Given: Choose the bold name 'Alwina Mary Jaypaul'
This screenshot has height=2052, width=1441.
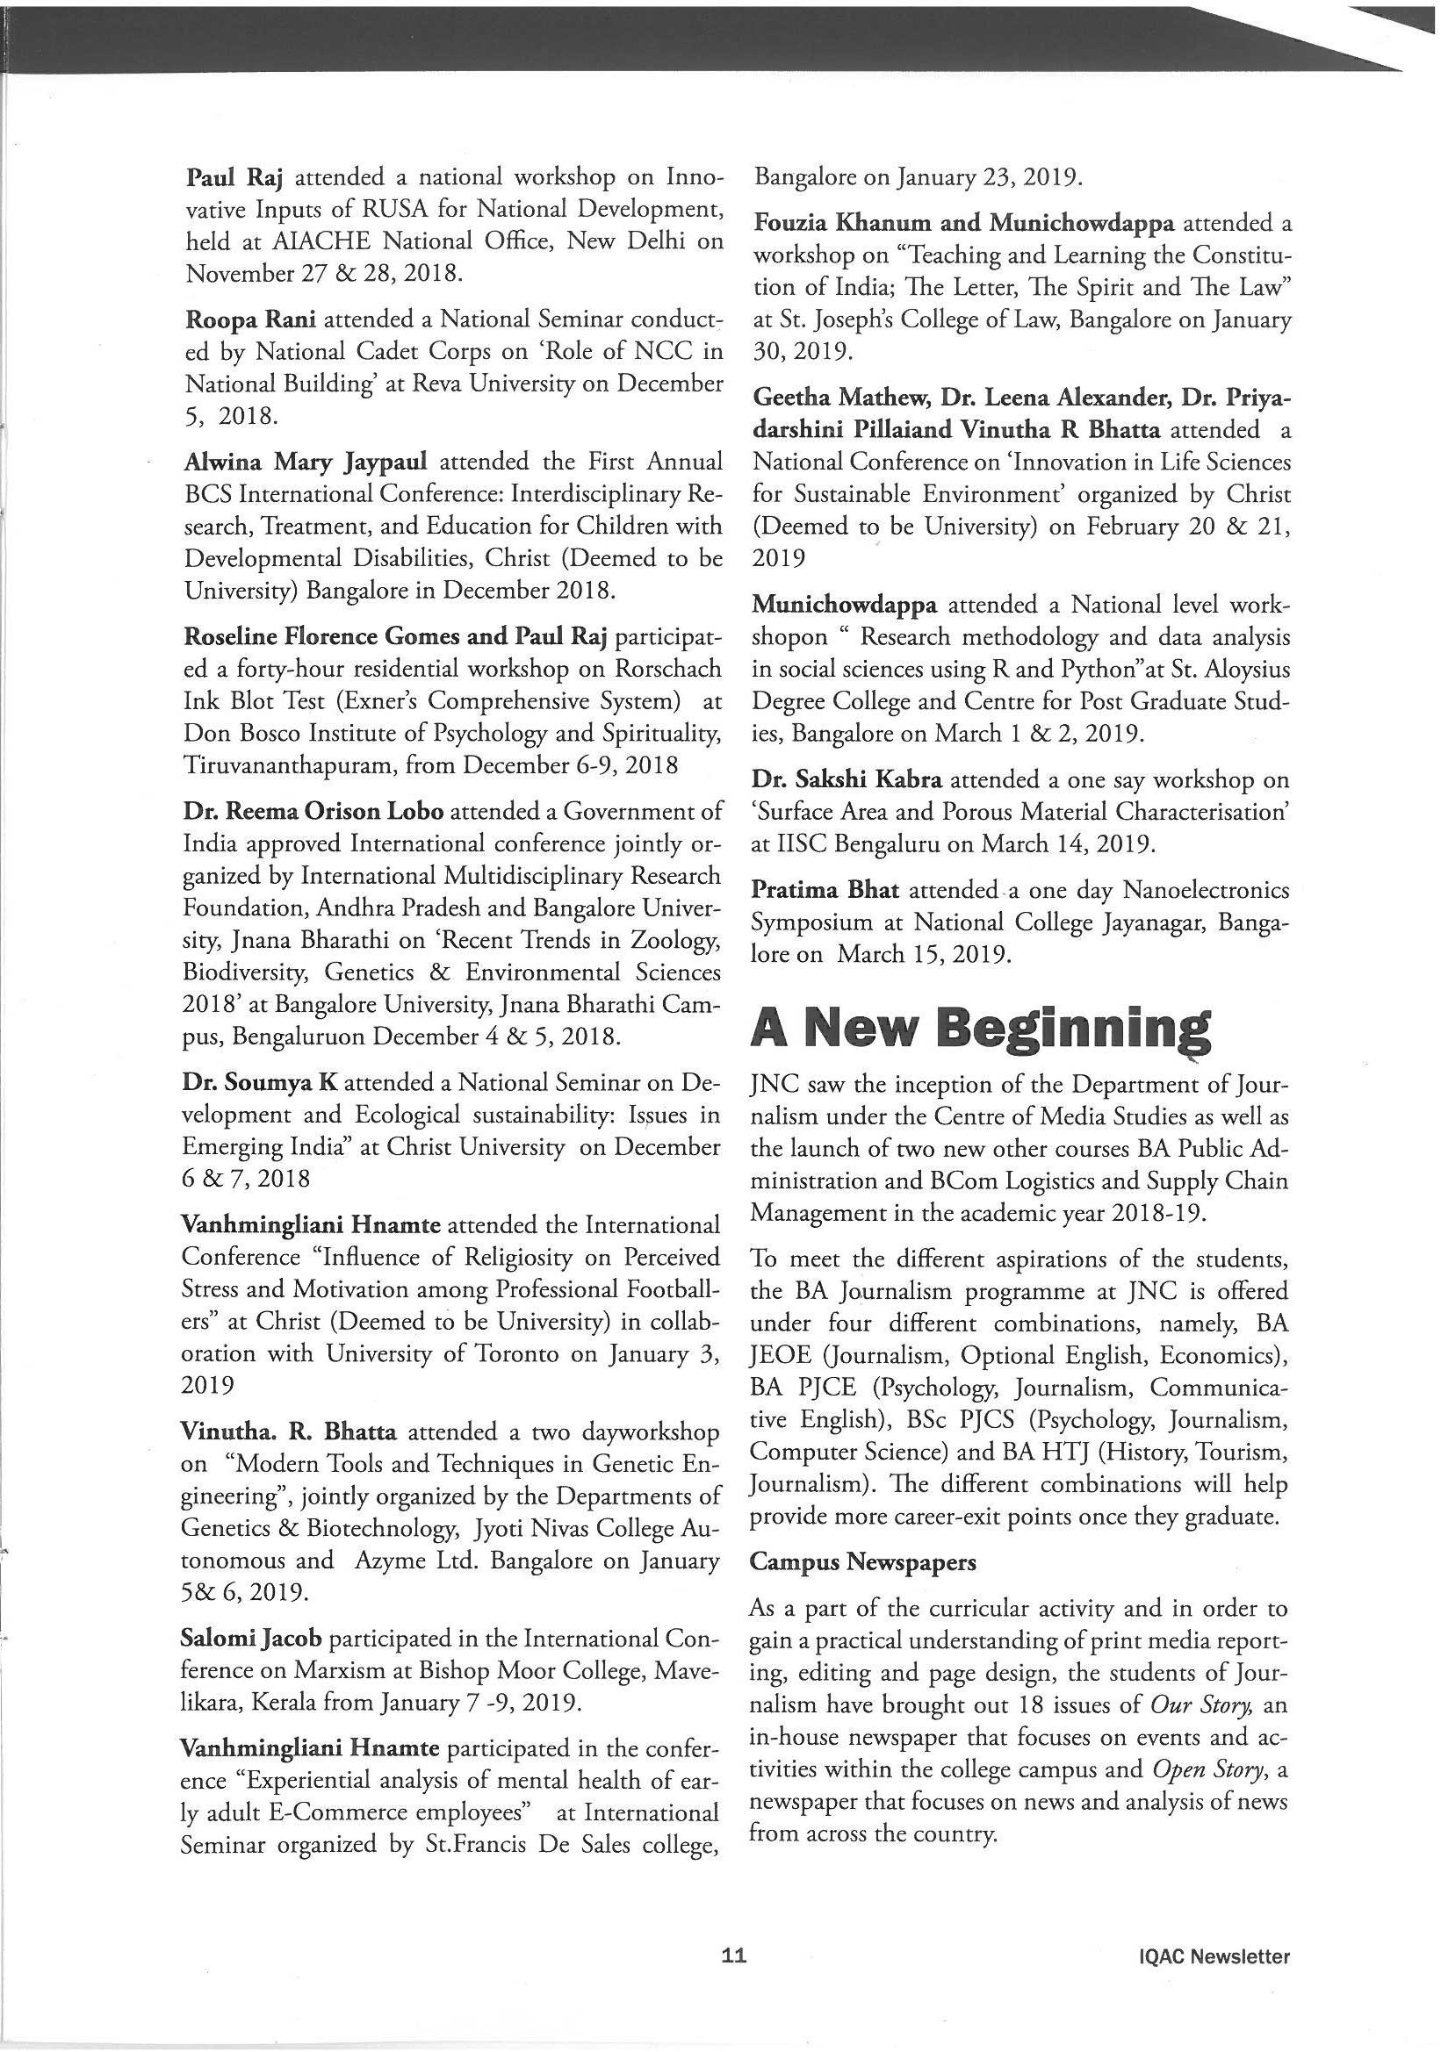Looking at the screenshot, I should pyautogui.click(x=306, y=462).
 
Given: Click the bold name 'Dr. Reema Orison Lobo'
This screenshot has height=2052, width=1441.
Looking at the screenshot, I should pyautogui.click(x=313, y=812).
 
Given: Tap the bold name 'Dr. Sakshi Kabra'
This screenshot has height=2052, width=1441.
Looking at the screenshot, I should pyautogui.click(x=847, y=779).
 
